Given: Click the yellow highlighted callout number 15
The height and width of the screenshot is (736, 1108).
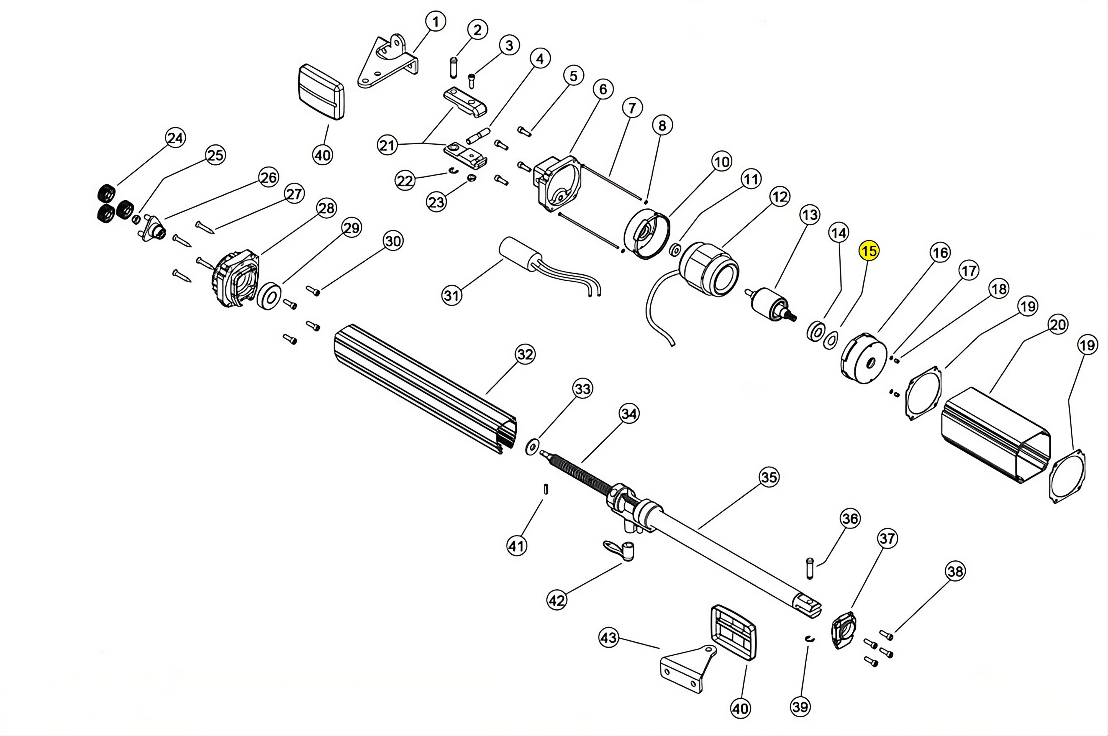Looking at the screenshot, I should click(x=868, y=251).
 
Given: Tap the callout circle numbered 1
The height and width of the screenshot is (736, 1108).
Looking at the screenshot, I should click(x=436, y=22).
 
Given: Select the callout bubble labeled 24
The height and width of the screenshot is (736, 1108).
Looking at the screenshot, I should click(x=175, y=138).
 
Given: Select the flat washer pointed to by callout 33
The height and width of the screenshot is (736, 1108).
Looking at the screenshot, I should click(x=532, y=447).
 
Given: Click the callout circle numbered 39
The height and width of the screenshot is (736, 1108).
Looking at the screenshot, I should click(x=800, y=706).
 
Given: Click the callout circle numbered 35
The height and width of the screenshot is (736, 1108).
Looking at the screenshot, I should click(x=769, y=477).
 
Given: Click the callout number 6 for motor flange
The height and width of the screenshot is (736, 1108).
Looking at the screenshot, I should click(x=603, y=89).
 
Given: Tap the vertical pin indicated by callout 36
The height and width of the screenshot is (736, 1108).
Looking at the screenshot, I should click(x=810, y=568).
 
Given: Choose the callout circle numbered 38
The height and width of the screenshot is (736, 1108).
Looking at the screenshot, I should click(x=955, y=571).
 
